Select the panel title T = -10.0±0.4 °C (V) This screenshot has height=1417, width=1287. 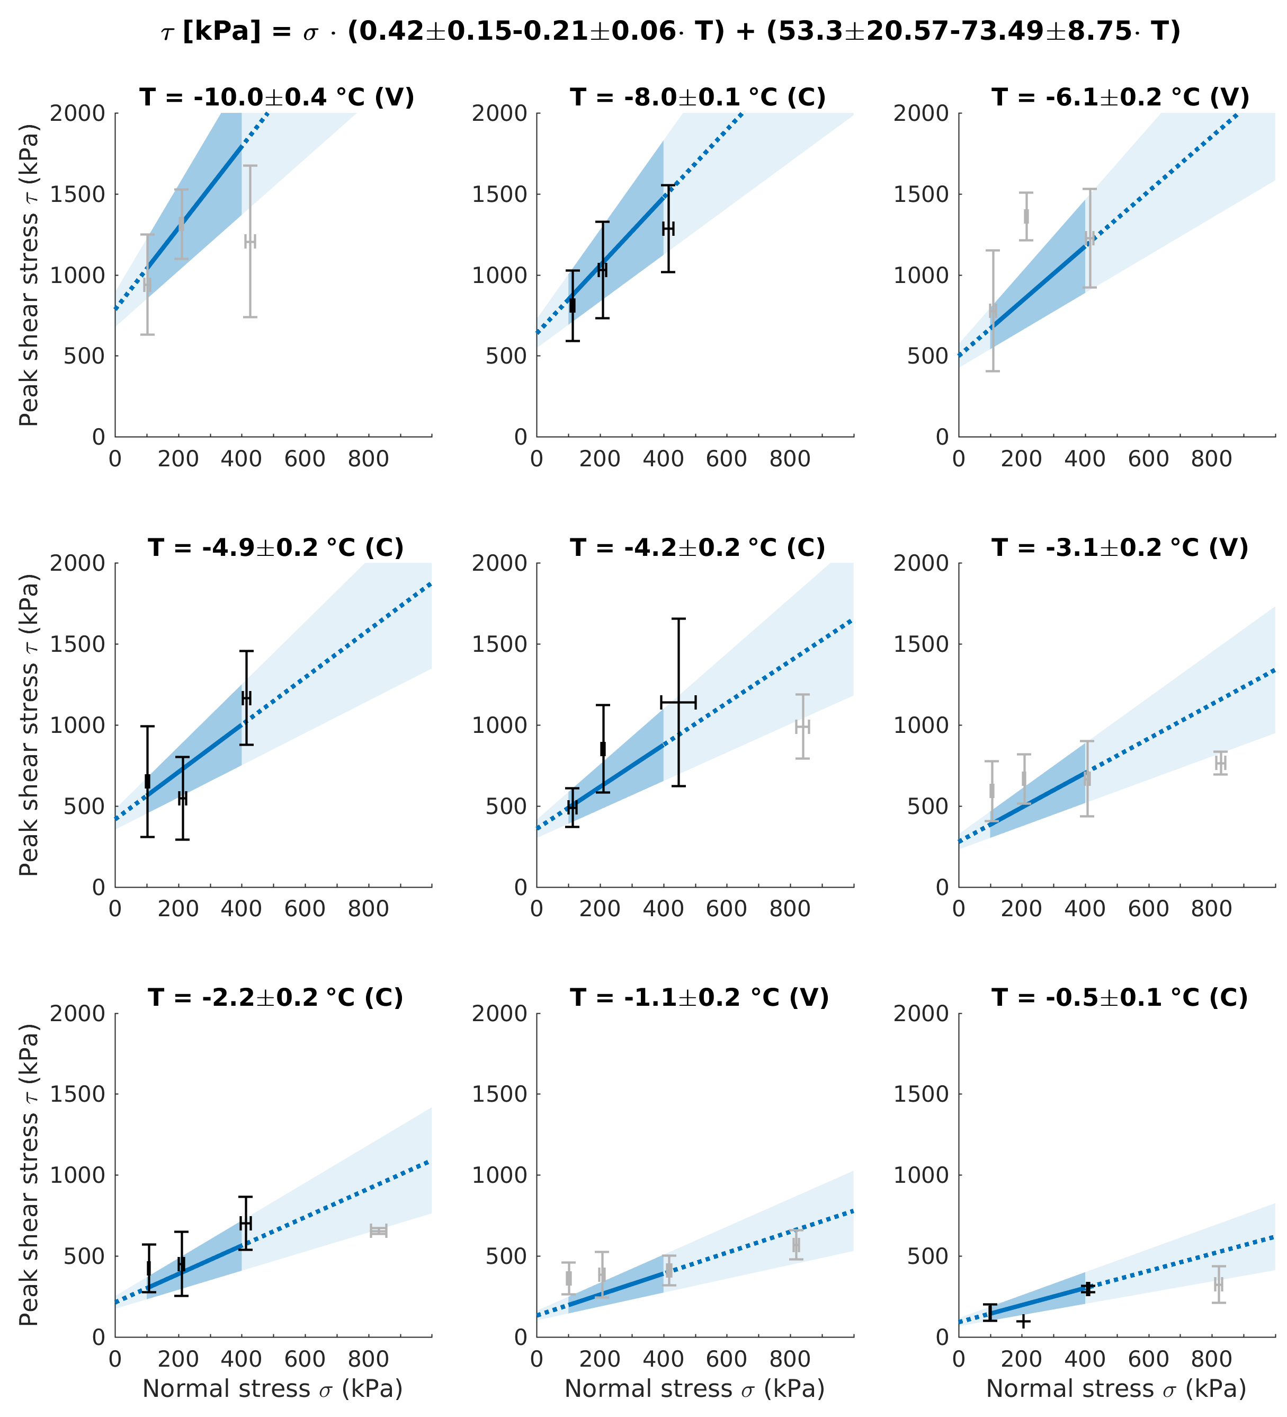click(x=277, y=97)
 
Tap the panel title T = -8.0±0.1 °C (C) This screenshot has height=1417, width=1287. click(x=698, y=97)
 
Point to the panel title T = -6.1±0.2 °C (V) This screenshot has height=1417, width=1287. click(x=1120, y=97)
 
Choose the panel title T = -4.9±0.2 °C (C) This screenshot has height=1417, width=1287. click(x=276, y=547)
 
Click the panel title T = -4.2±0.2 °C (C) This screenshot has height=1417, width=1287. click(x=698, y=547)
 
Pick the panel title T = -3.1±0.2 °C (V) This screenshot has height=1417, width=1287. click(x=1120, y=547)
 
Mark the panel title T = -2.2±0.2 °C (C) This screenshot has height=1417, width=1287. click(x=276, y=997)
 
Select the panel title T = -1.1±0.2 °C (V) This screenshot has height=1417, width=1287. click(x=699, y=997)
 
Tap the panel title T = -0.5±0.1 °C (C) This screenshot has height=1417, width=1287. click(x=1120, y=997)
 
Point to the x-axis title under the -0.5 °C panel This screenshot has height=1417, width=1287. click(x=1116, y=1389)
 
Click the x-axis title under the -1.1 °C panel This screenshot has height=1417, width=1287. click(x=695, y=1389)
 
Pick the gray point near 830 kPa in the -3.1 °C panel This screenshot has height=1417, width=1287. click(x=1220, y=763)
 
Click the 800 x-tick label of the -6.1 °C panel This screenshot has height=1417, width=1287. click(x=1211, y=459)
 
